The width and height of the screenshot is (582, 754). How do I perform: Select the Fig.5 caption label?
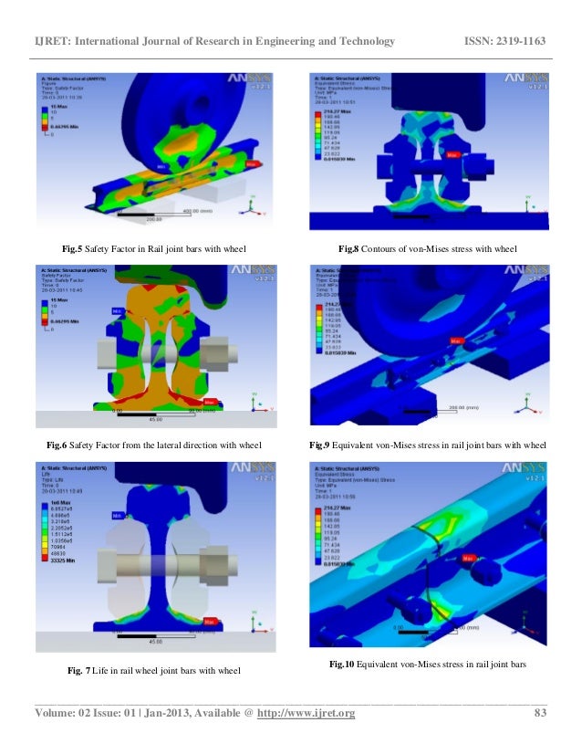click(74, 248)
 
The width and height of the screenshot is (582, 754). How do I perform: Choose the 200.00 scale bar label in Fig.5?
click(152, 218)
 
